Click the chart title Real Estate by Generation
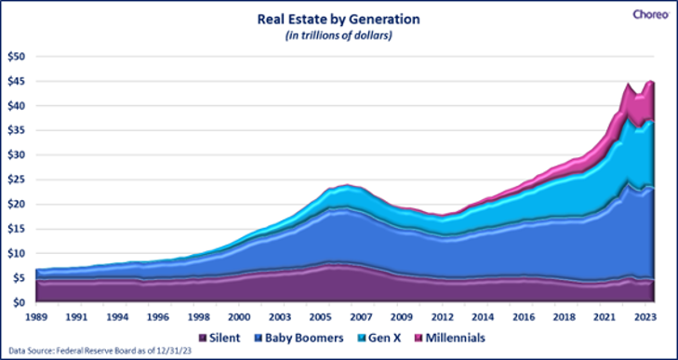[x=339, y=20]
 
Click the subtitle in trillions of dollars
[x=339, y=36]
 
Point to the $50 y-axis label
[x=18, y=56]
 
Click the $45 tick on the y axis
[x=18, y=81]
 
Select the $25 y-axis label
[x=18, y=180]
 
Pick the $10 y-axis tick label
[x=18, y=253]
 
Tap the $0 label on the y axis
[x=20, y=302]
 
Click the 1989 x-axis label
[x=36, y=316]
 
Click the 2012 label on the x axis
[x=443, y=316]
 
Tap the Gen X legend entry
[x=377, y=338]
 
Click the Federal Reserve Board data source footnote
[x=100, y=351]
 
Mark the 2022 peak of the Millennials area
[x=628, y=83]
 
